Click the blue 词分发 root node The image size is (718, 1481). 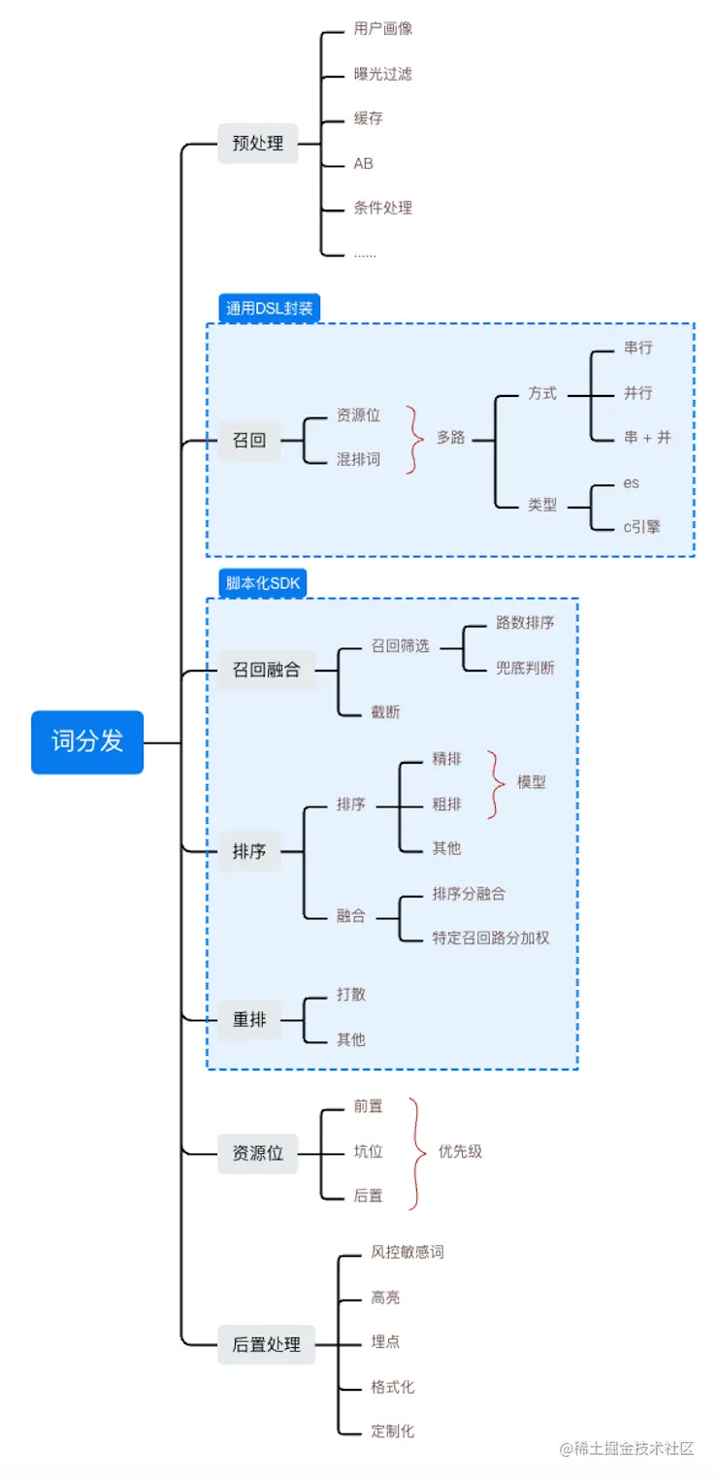[87, 741]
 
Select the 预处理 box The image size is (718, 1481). [258, 143]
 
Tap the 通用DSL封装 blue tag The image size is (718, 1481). [269, 308]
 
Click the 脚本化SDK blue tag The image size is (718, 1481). [263, 583]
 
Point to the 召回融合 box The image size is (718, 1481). [266, 671]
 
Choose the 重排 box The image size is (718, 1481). [249, 1019]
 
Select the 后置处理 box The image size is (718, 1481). [266, 1344]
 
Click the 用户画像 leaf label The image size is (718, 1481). [383, 28]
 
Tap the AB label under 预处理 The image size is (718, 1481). [363, 163]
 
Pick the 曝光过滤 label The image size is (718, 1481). [383, 74]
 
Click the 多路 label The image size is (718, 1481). [450, 437]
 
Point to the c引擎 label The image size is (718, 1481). [642, 527]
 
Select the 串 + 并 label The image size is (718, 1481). [647, 437]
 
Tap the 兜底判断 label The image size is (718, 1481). [525, 668]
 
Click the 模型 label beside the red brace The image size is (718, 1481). [531, 782]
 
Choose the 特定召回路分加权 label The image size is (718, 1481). [491, 938]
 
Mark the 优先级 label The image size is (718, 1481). [460, 1151]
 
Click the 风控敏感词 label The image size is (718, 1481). [408, 1252]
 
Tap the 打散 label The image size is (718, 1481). [350, 995]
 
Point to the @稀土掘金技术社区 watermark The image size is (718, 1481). [627, 1449]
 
